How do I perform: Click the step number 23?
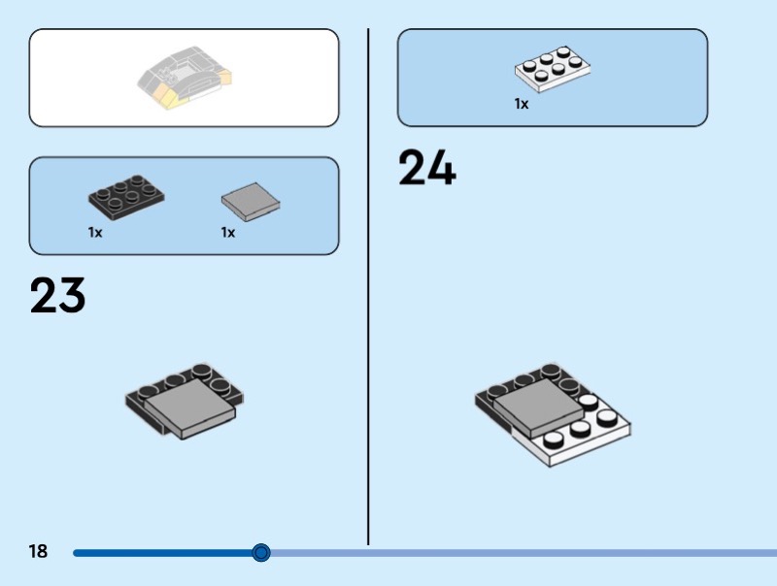[57, 296]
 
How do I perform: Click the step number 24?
[426, 167]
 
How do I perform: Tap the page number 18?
[38, 551]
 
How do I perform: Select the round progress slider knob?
[260, 552]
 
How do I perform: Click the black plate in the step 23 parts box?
[126, 197]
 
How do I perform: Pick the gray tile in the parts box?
[251, 202]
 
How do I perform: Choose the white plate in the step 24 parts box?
[553, 69]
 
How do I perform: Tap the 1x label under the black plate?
[95, 232]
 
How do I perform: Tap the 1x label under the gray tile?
[228, 232]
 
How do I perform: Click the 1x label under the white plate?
[522, 104]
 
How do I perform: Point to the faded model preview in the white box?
[185, 78]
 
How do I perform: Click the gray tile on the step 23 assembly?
[190, 408]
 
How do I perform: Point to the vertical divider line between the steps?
[368, 286]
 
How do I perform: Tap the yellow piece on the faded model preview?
[167, 95]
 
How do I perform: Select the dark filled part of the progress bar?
[162, 553]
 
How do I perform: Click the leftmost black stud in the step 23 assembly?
[147, 392]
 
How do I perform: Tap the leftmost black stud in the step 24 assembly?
[497, 392]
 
